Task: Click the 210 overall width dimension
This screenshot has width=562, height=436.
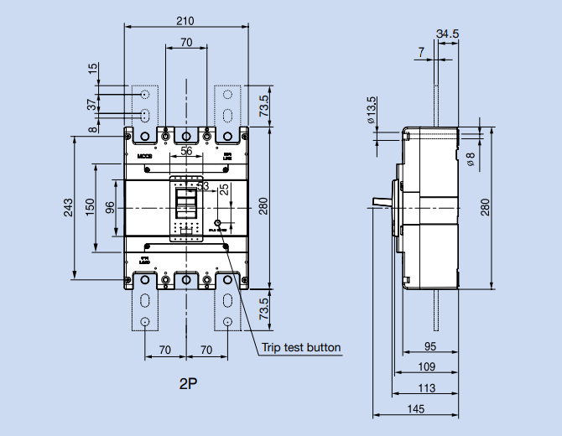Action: pos(185,19)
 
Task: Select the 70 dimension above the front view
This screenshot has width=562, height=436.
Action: pos(185,42)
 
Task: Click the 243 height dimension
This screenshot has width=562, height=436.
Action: pos(67,206)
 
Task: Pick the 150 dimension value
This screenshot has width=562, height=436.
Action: pos(90,206)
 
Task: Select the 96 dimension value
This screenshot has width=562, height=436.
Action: pos(110,206)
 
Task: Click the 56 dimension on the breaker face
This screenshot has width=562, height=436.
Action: pos(185,151)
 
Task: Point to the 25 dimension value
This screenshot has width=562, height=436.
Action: pos(223,189)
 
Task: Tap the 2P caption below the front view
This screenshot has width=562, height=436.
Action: pos(187,385)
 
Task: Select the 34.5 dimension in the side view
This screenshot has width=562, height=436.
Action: pos(448,34)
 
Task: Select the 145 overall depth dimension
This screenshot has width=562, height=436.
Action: pos(416,408)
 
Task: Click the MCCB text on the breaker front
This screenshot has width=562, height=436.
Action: pos(142,155)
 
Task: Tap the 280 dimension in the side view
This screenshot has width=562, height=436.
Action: pos(485,206)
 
